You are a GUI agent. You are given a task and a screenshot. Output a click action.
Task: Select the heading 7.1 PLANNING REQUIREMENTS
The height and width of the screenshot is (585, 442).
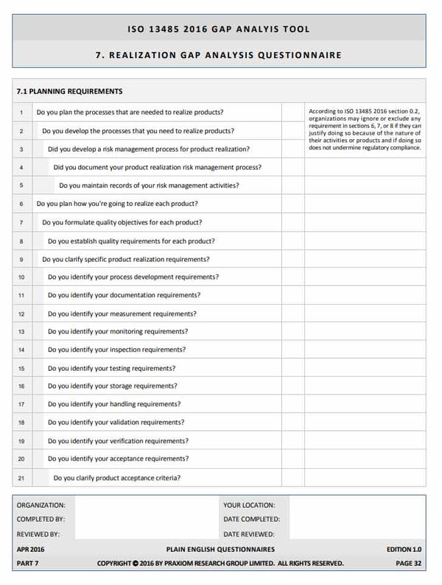pos(69,92)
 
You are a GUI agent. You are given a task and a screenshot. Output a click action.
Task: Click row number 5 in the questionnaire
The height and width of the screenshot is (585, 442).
pos(21,185)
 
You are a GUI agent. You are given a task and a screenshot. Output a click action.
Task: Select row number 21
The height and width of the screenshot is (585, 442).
pos(21,478)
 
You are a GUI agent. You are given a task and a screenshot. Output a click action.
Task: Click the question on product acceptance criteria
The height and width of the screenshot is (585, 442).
pos(118,478)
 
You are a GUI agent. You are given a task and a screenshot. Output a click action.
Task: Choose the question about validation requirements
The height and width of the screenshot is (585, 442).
pos(116,422)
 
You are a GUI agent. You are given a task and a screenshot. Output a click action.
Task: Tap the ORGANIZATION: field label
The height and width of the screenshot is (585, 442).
pos(41,506)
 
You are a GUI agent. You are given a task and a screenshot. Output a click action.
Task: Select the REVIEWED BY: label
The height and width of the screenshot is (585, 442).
pos(38,533)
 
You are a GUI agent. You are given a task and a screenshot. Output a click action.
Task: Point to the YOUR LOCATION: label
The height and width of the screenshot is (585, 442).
pos(249,506)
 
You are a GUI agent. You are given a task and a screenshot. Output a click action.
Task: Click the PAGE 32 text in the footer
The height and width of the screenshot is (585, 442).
pos(408,564)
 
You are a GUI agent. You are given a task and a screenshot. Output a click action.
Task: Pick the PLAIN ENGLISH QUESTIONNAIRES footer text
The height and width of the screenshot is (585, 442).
pos(221,550)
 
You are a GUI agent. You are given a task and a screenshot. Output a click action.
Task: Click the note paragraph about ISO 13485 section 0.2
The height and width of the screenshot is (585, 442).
pos(365,129)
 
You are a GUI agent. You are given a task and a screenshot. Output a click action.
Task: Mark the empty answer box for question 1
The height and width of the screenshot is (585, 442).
pos(293,112)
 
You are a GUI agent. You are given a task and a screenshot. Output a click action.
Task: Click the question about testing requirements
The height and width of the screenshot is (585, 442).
pos(112,368)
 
